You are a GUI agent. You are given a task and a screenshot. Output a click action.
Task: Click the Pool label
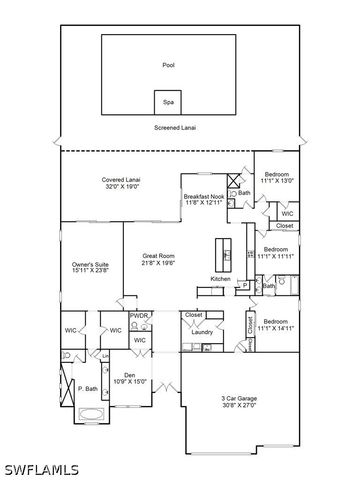click(168, 65)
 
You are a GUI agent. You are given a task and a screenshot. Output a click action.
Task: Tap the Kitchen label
click(221, 278)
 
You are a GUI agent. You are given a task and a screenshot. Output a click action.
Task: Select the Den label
click(128, 375)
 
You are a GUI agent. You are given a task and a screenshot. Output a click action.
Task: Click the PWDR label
click(139, 315)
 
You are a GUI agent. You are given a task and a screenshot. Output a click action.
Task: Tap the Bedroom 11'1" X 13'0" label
click(277, 177)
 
